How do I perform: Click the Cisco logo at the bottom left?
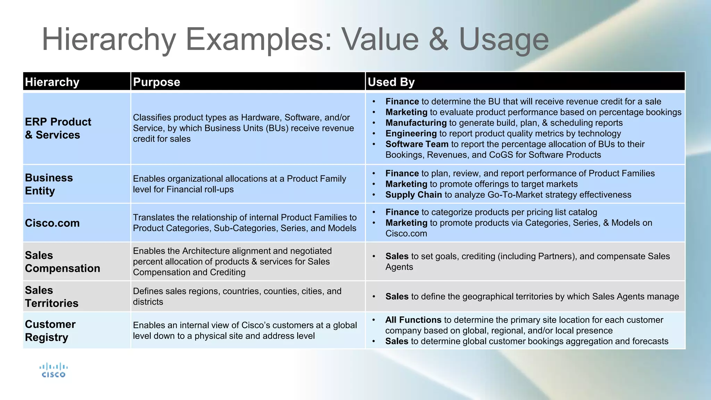click(53, 370)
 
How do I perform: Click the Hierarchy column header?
click(52, 82)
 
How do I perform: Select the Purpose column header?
click(157, 82)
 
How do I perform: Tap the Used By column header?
click(391, 82)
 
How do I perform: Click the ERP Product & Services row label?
click(58, 128)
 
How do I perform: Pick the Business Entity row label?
click(49, 184)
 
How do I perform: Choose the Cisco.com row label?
click(52, 223)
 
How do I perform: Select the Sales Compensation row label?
click(62, 262)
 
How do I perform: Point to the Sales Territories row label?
click(52, 297)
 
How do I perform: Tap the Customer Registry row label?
click(50, 331)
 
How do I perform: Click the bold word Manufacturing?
click(416, 123)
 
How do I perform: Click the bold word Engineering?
click(411, 134)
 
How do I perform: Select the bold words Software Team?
click(417, 144)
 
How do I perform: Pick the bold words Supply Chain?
click(413, 195)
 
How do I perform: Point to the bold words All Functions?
click(413, 320)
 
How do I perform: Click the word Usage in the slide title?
click(504, 40)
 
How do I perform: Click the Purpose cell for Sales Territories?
click(237, 296)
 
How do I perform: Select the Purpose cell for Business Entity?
click(239, 184)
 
